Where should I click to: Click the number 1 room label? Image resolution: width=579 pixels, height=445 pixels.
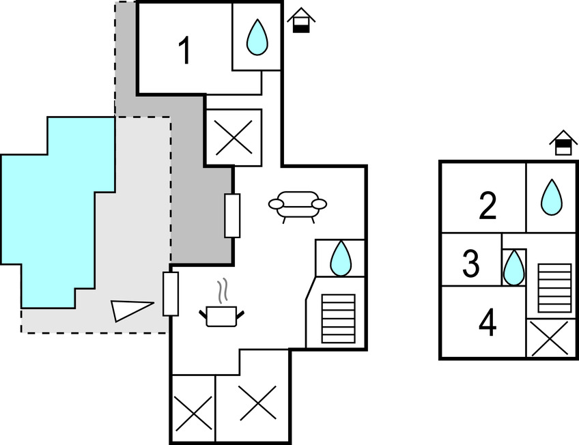click(x=184, y=51)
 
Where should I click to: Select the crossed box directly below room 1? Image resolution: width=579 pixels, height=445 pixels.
click(x=234, y=137)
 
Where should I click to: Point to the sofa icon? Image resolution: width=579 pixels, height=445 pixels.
click(x=298, y=205)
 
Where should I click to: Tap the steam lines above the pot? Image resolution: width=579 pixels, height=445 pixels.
click(x=223, y=291)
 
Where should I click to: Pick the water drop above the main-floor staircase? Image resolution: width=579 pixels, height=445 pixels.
click(x=340, y=259)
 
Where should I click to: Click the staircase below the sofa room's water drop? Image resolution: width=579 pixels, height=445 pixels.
click(x=338, y=318)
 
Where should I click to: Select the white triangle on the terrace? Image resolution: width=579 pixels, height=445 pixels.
click(x=130, y=309)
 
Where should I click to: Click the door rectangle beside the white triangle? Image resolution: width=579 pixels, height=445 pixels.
click(x=171, y=293)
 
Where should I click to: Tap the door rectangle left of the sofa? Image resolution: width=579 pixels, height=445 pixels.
click(x=232, y=215)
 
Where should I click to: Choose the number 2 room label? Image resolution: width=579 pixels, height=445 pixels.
click(x=487, y=206)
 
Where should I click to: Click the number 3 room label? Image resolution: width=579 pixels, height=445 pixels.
click(x=471, y=265)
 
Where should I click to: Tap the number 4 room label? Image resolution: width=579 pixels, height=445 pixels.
click(x=486, y=323)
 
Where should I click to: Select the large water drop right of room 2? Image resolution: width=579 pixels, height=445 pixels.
click(x=551, y=197)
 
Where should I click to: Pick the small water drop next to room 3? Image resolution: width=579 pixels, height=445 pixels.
click(x=513, y=268)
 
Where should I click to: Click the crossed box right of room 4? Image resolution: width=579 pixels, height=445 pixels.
click(x=550, y=339)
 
